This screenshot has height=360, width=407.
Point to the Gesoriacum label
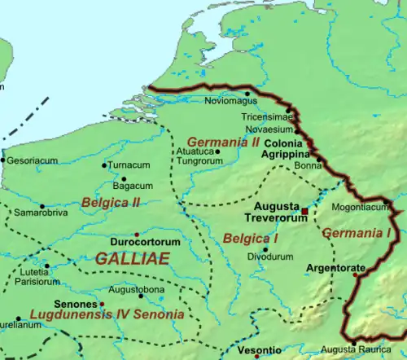tap(33, 160)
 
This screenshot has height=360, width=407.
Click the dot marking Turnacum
tap(104, 166)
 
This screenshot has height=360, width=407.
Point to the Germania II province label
tap(223, 142)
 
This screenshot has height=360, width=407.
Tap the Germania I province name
tap(357, 233)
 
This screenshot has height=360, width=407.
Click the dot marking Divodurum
tap(265, 249)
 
